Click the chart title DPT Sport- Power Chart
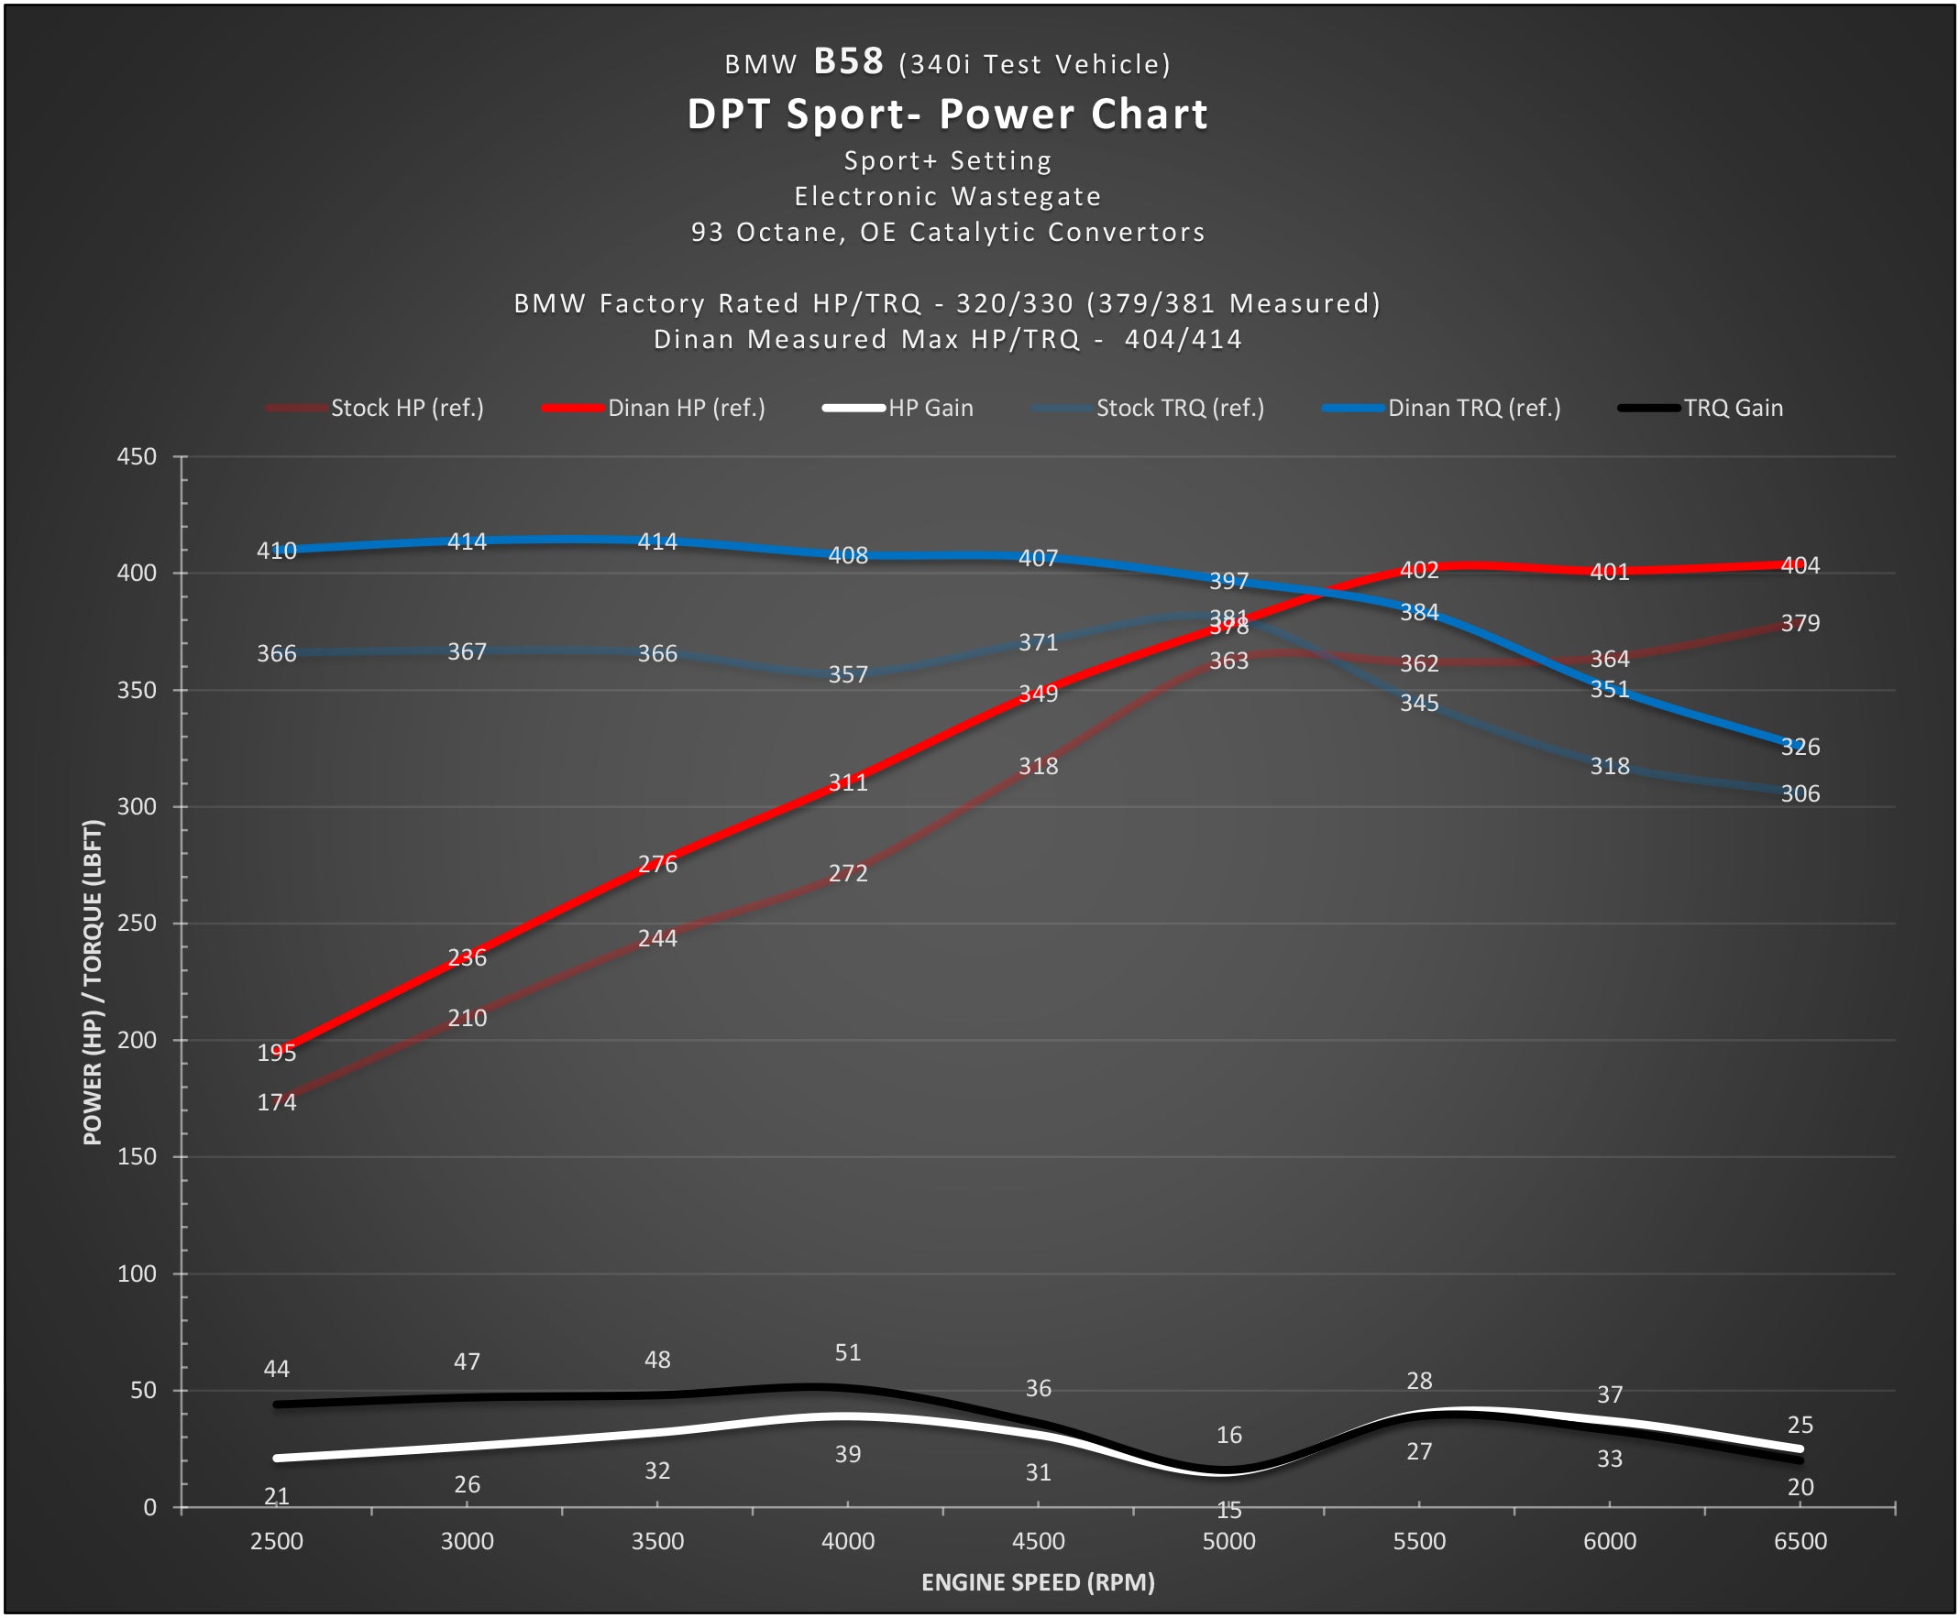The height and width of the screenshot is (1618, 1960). tap(947, 115)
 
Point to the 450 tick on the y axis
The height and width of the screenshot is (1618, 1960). tap(137, 456)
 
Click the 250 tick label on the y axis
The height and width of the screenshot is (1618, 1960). tap(137, 924)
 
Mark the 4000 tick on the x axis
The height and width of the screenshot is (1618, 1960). tap(848, 1542)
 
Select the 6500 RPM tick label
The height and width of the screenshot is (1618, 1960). tap(1800, 1542)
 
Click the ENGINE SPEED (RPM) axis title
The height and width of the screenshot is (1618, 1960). tap(1038, 1582)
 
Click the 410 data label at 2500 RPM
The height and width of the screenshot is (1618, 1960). tap(276, 551)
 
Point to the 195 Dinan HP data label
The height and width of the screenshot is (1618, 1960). tap(276, 1054)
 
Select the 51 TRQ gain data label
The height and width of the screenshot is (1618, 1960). tap(848, 1353)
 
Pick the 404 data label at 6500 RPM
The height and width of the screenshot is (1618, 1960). tap(1800, 565)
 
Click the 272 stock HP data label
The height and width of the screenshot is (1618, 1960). tap(848, 873)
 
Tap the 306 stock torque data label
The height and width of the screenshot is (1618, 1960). tap(1800, 794)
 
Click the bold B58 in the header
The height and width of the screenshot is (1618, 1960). tap(849, 61)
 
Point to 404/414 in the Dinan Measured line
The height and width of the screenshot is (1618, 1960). tap(1183, 339)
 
